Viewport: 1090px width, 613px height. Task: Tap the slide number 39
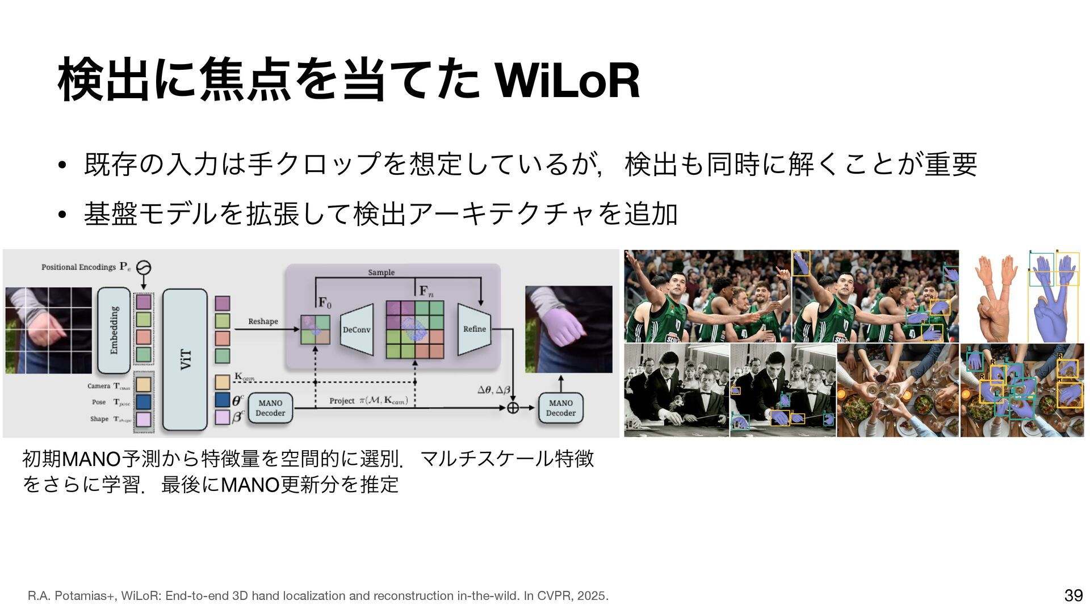click(1074, 595)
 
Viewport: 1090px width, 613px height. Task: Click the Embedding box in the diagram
click(114, 330)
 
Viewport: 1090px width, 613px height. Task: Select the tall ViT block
click(185, 359)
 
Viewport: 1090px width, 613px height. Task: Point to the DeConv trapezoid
click(357, 330)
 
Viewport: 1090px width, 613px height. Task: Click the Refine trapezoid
click(474, 329)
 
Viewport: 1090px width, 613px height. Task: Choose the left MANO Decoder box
click(270, 408)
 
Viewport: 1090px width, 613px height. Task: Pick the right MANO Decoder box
click(561, 408)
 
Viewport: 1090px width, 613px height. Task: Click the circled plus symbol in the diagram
click(513, 408)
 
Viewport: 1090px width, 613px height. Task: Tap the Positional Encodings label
click(78, 267)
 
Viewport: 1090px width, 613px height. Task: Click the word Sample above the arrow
click(381, 272)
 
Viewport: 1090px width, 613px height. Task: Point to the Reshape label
click(263, 321)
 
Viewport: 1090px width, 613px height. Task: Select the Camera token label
click(99, 386)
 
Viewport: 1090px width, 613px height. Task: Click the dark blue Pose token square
click(143, 402)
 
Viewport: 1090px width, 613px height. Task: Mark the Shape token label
click(99, 419)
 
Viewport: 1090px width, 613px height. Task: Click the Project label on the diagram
click(342, 401)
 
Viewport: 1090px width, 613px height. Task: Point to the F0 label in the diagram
click(325, 303)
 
